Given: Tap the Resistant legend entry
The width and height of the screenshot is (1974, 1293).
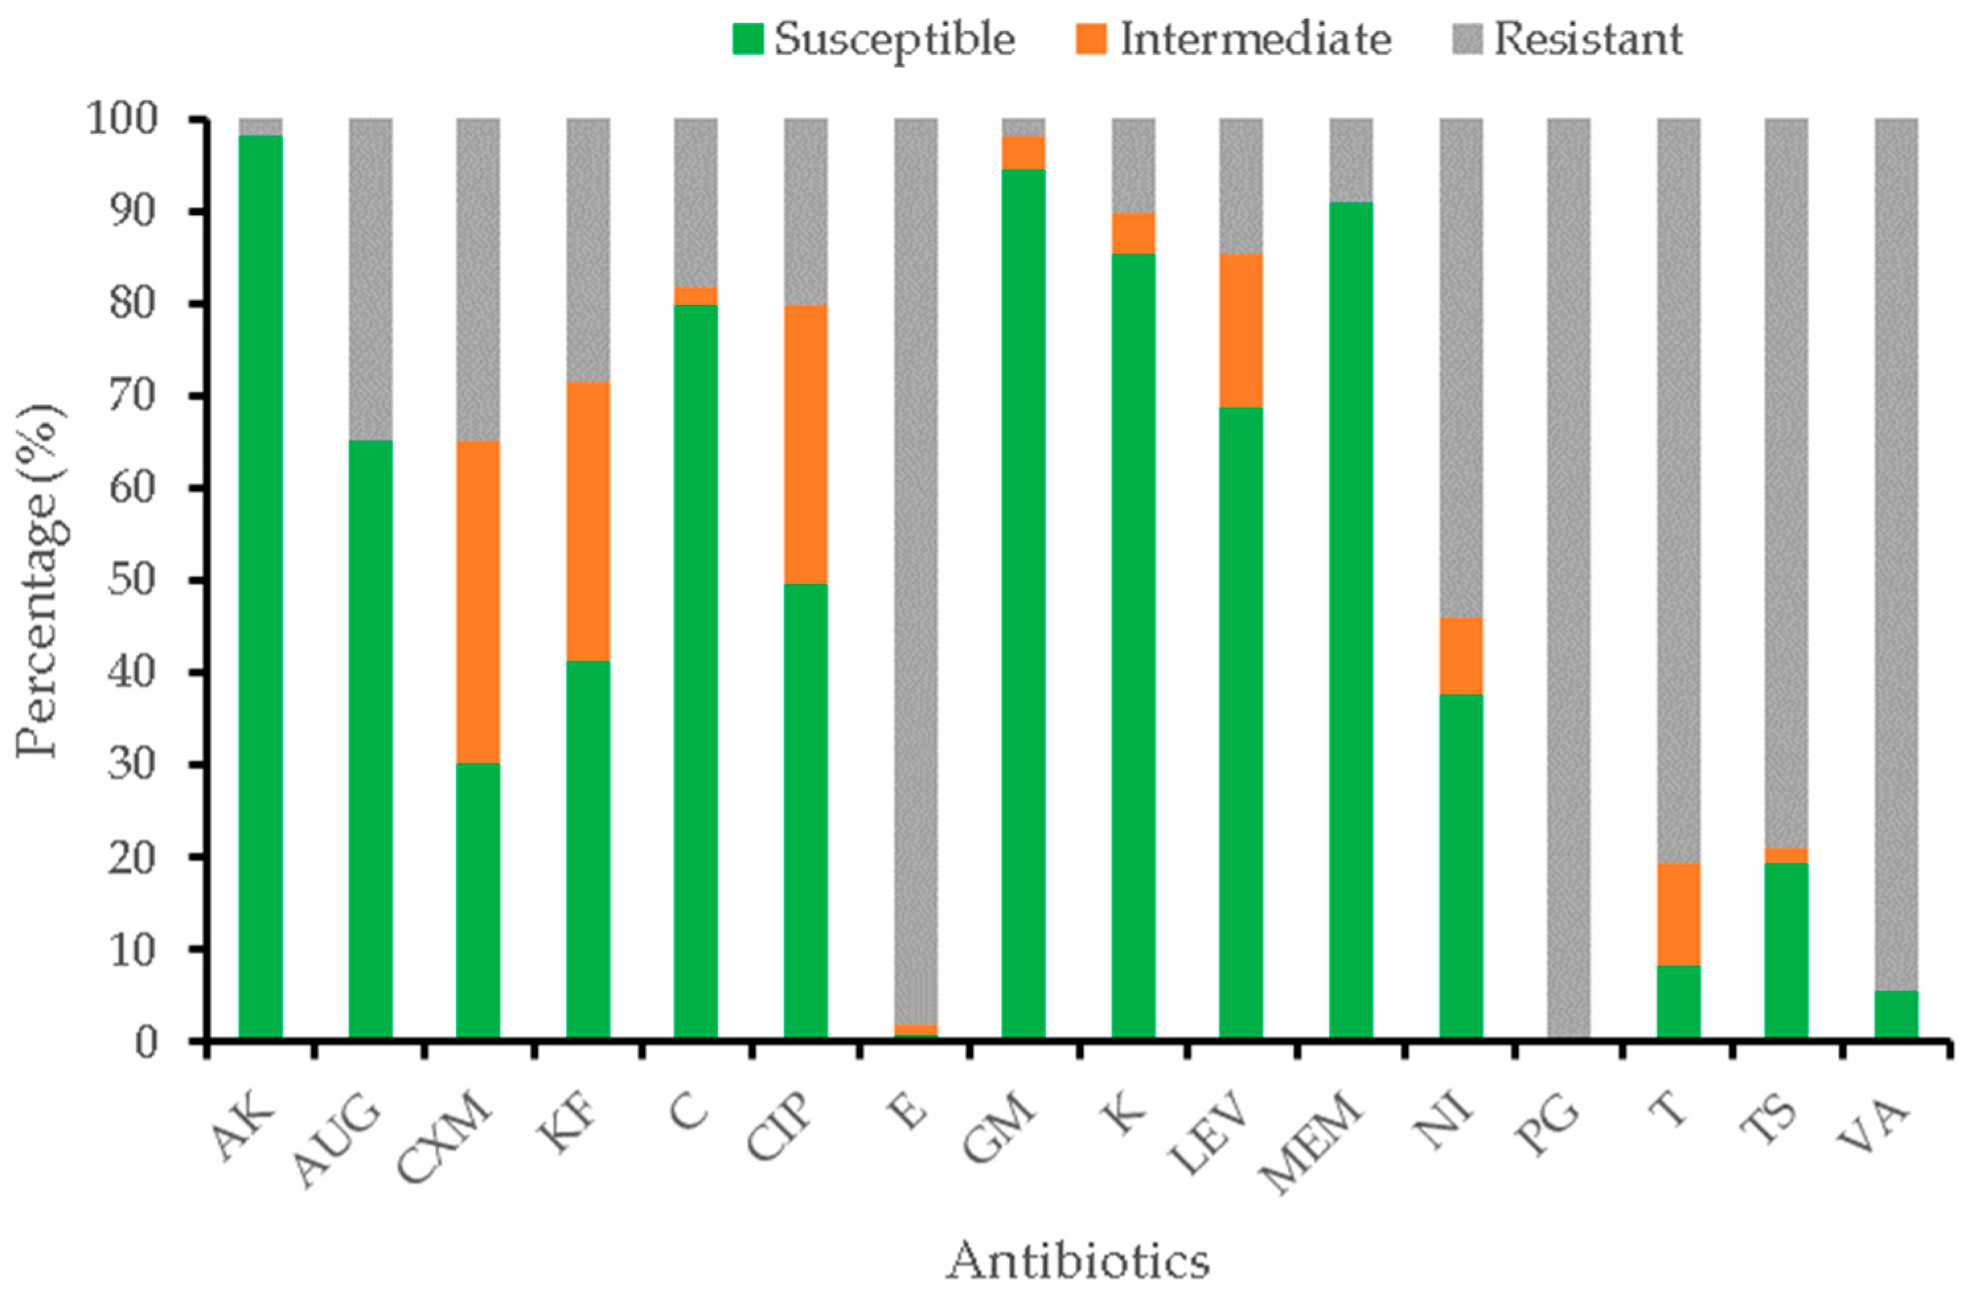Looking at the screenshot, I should coord(1569,39).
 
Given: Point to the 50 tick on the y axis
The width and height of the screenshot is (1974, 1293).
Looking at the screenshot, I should coord(133,582).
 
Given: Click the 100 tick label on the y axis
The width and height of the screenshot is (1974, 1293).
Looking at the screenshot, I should coord(120,121).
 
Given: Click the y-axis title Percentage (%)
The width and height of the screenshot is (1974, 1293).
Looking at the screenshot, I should coord(40,580).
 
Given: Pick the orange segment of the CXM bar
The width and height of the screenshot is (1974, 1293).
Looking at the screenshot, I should coord(479,602).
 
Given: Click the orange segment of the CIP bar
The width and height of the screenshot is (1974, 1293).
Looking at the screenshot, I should coord(805,444).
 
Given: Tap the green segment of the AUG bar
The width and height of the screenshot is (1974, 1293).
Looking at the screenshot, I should coord(370,738).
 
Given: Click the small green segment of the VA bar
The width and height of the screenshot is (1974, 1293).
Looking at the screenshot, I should coord(1896,1013).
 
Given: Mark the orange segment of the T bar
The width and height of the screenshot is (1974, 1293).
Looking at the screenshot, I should coord(1678,914).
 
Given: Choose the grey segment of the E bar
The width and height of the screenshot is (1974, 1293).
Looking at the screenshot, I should coord(916,572).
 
